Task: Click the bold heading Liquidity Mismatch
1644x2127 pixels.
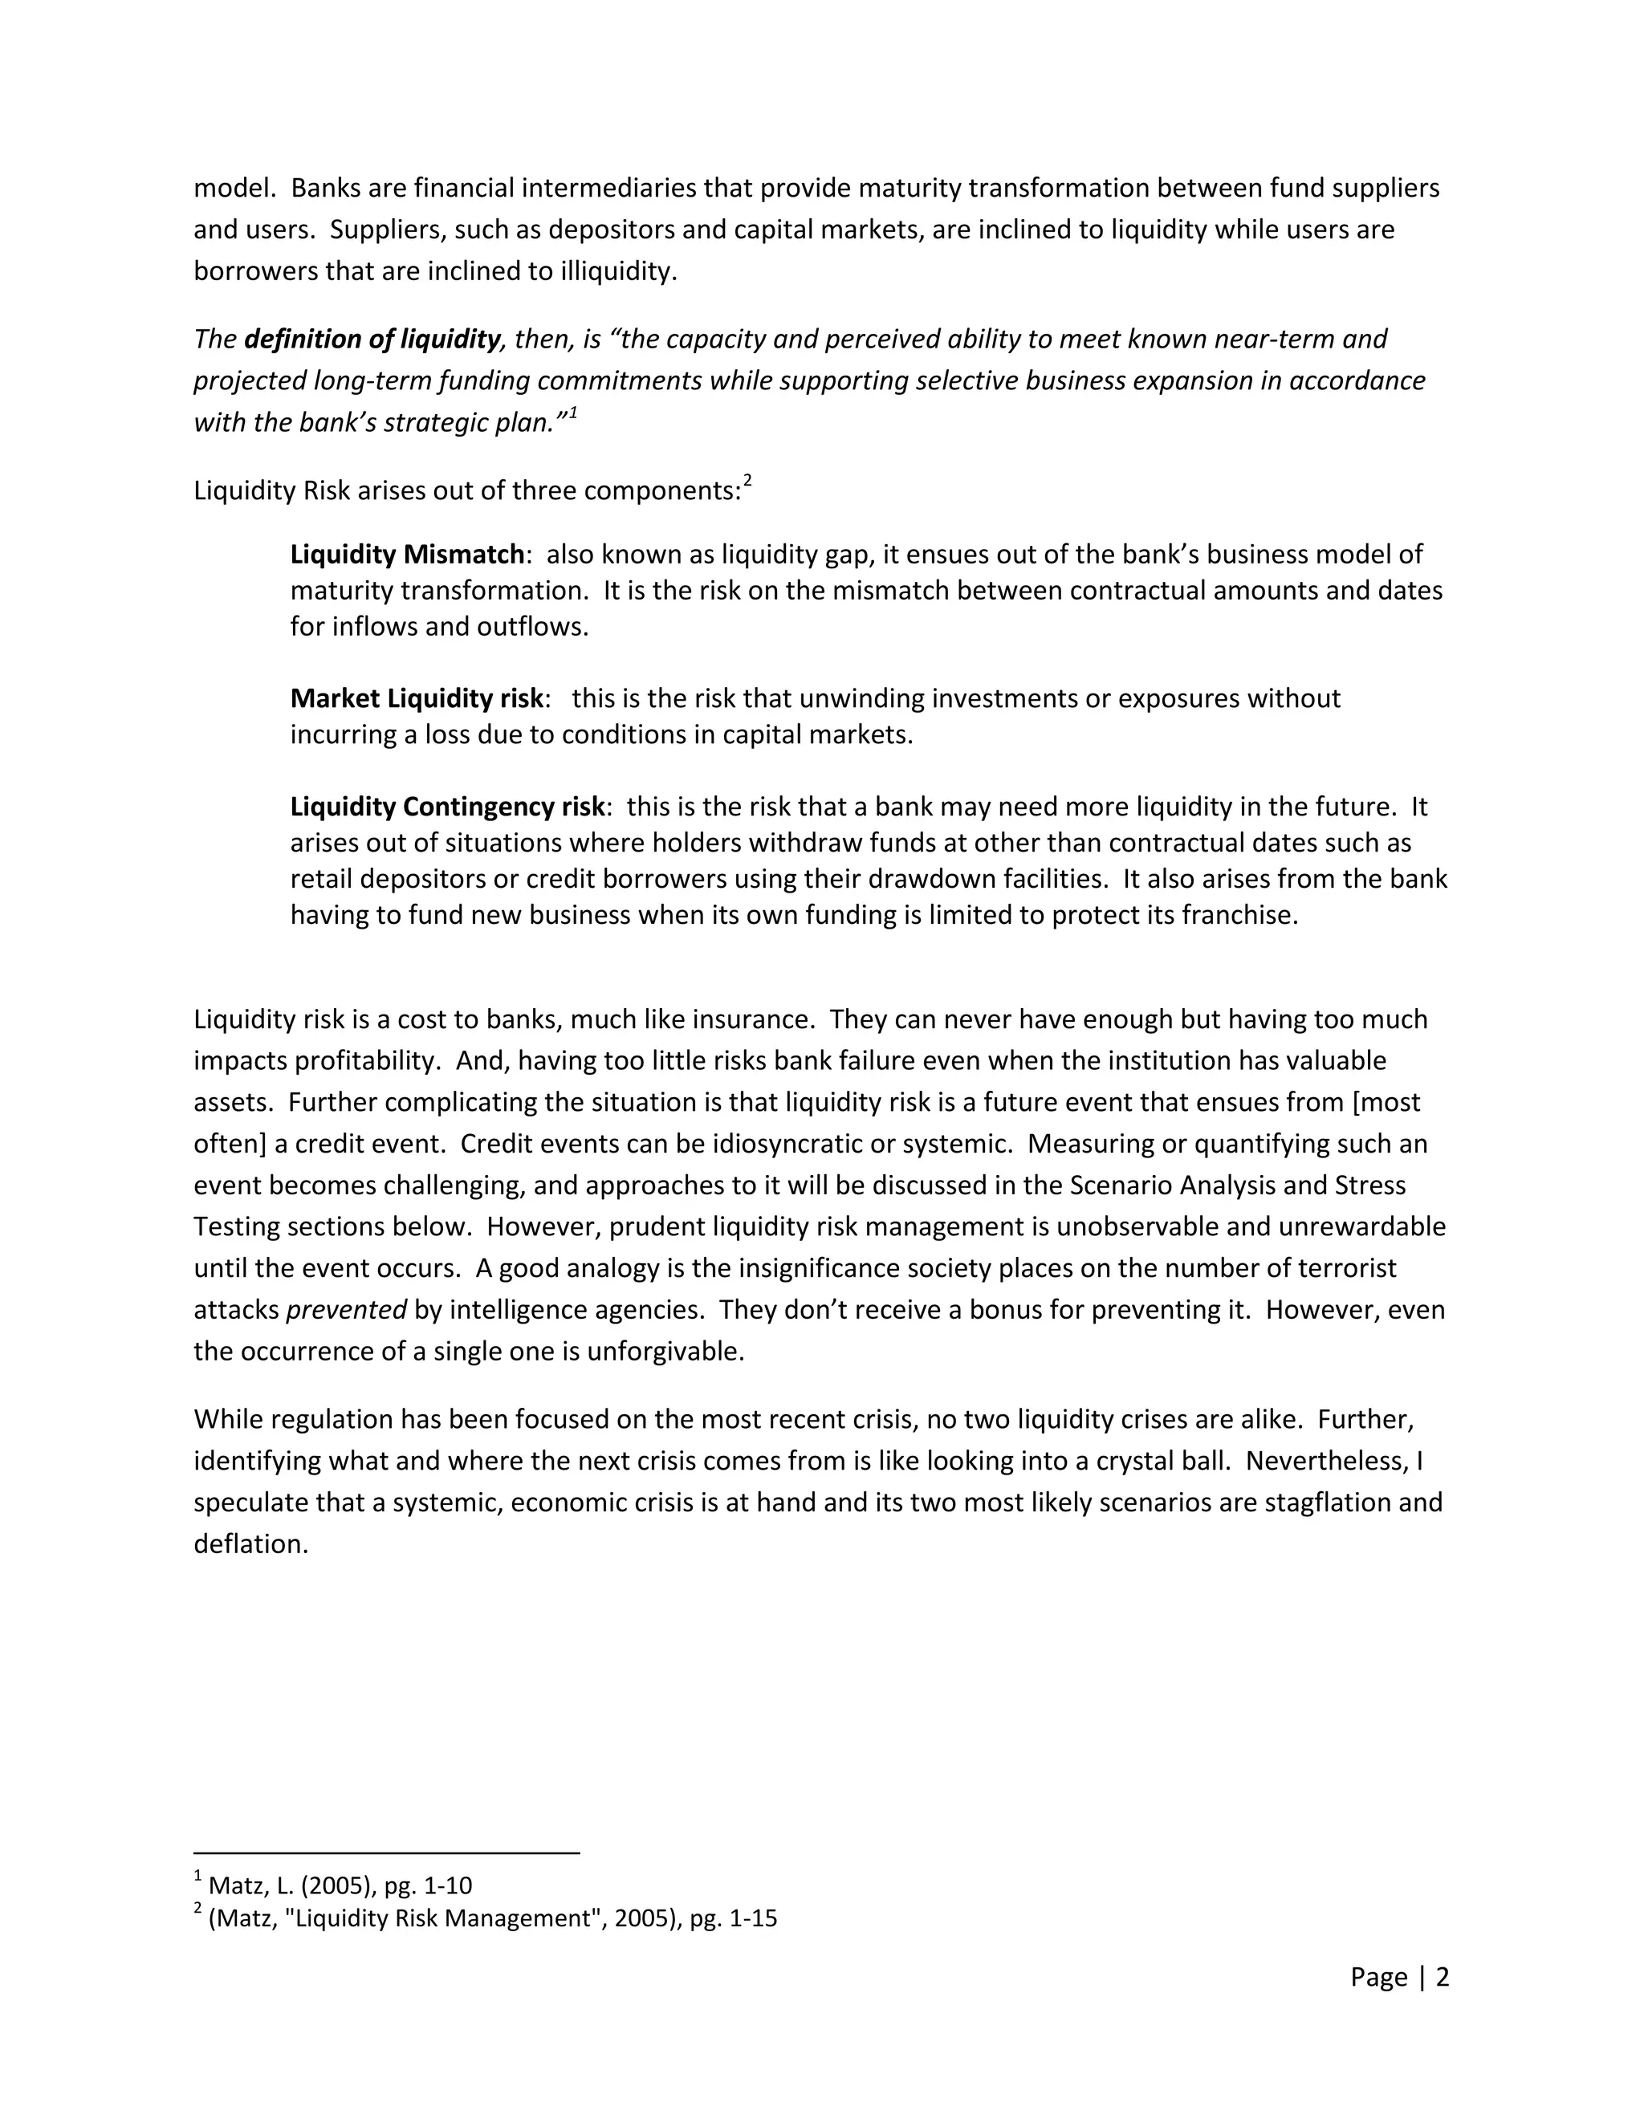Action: (x=407, y=555)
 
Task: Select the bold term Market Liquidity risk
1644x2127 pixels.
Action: (x=416, y=699)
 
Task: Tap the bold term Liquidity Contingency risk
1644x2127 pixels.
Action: (x=447, y=807)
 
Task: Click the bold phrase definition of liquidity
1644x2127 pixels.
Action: (x=371, y=339)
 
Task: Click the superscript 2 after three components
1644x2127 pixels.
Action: (x=747, y=480)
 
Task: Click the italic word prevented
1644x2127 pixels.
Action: (x=346, y=1311)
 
